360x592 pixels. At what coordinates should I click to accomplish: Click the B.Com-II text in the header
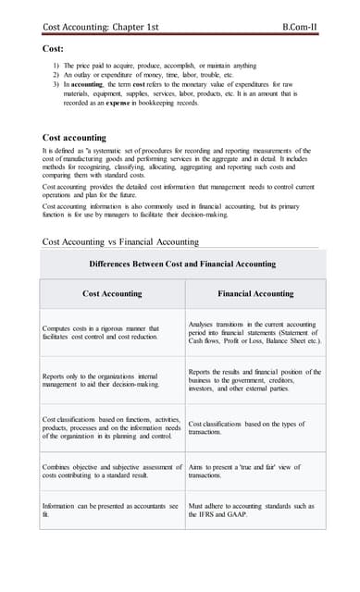(x=301, y=28)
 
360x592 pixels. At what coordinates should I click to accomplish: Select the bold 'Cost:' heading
(x=53, y=47)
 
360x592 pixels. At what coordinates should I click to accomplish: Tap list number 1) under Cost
(x=56, y=66)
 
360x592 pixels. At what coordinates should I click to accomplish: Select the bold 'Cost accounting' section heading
(x=75, y=137)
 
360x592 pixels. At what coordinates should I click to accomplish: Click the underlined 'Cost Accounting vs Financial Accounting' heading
(x=121, y=242)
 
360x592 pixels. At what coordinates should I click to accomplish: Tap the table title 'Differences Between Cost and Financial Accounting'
(x=182, y=264)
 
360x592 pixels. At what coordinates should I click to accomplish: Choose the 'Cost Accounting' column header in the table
(x=112, y=293)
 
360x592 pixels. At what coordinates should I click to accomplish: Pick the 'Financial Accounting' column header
(x=254, y=293)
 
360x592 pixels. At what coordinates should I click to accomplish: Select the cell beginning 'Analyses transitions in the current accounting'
(x=254, y=333)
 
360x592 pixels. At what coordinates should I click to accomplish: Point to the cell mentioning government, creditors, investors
(x=254, y=381)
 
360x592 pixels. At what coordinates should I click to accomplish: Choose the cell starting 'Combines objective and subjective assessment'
(x=111, y=472)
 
